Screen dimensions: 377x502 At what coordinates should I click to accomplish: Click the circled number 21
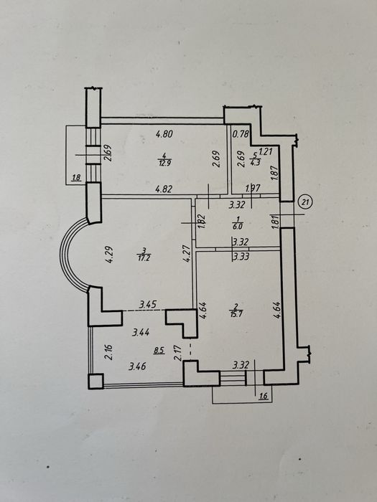pos(305,202)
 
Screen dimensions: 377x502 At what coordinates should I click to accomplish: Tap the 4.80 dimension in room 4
pos(164,133)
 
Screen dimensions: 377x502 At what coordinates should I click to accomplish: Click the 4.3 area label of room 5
pos(255,162)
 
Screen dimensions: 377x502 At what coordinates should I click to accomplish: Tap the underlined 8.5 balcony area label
pos(159,350)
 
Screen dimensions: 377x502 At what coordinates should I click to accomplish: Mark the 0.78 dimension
pos(241,134)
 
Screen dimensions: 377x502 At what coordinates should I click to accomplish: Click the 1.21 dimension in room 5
pos(266,151)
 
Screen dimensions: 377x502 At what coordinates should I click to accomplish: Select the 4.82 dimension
pos(164,189)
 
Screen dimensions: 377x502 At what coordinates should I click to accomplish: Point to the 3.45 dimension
pos(147,305)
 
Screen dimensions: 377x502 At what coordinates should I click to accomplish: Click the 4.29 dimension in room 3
pos(109,254)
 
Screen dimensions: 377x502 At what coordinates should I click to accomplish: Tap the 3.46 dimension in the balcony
pos(138,366)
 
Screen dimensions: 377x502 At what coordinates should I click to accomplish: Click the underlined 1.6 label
pos(263,397)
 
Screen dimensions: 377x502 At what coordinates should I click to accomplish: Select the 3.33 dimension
pos(241,257)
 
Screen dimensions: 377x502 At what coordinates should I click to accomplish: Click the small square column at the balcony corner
pos(96,382)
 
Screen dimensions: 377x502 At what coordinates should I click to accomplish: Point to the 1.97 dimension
pos(253,188)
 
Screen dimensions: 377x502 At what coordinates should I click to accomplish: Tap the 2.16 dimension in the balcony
pos(109,352)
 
